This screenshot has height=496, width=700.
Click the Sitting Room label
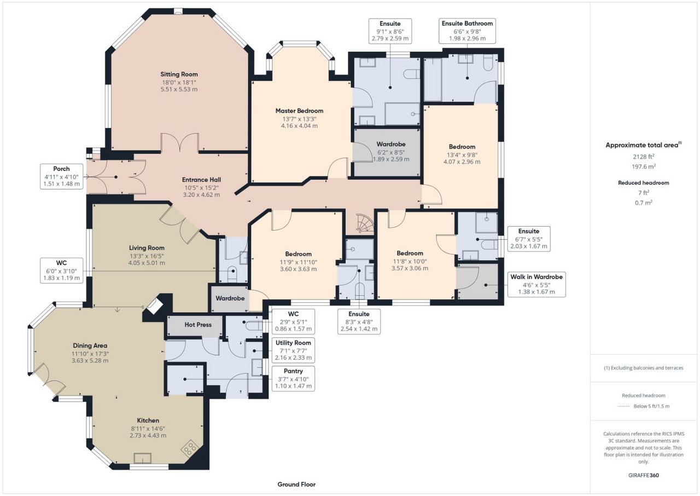[179, 74]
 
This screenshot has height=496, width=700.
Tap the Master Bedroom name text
[299, 111]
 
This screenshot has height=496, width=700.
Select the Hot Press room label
[198, 325]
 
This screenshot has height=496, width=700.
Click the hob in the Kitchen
[189, 448]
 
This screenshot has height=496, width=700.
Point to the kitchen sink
[143, 458]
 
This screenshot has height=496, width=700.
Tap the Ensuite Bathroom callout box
[467, 31]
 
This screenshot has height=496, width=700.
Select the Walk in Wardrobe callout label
[536, 284]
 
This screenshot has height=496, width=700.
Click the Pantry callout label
[293, 378]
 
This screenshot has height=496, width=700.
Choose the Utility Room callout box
[293, 350]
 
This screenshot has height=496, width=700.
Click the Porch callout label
[62, 176]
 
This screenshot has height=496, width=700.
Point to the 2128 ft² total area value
[644, 157]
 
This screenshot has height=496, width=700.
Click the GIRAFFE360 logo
[644, 475]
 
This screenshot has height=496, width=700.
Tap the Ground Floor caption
[296, 485]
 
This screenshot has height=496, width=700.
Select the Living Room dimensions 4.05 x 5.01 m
[147, 263]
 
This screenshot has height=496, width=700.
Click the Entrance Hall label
[202, 180]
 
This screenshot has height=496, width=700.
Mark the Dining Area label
[90, 345]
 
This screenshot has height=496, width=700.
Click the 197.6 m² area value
[644, 166]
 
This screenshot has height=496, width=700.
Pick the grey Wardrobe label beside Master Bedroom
[391, 144]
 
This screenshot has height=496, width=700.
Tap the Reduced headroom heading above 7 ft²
[644, 183]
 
